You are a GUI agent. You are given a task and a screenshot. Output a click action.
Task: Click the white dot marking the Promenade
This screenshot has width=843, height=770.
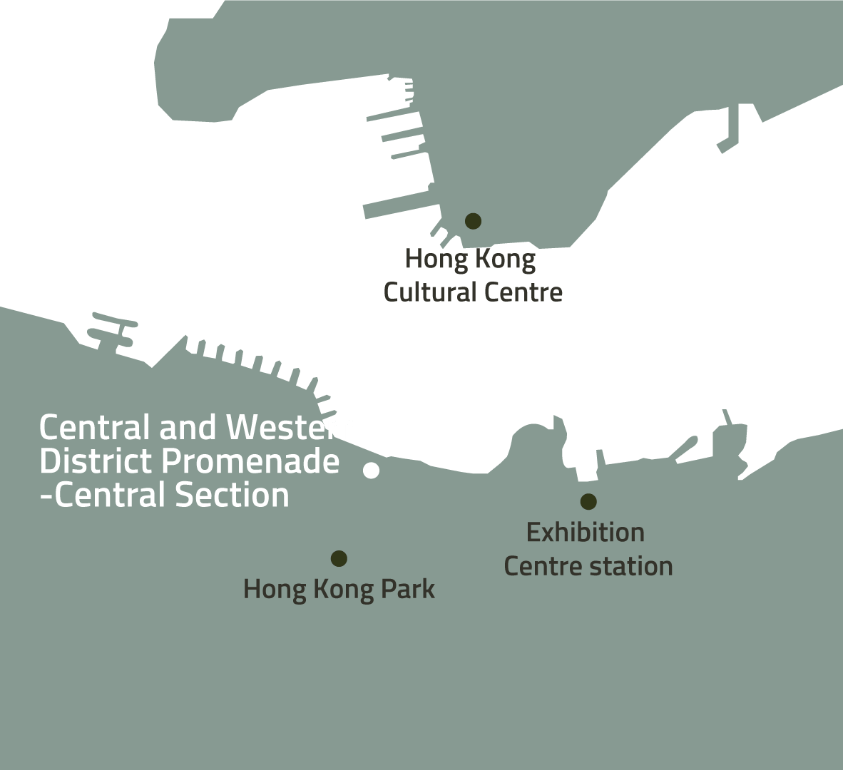tap(371, 471)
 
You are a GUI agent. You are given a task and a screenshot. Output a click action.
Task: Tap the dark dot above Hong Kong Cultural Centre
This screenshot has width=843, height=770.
tap(473, 221)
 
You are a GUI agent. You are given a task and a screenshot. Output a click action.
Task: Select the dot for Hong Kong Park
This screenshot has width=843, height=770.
tap(339, 558)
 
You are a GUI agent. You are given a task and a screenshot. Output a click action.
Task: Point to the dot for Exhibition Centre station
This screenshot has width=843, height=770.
tap(588, 501)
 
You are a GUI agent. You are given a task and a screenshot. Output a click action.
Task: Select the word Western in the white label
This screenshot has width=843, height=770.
tap(292, 428)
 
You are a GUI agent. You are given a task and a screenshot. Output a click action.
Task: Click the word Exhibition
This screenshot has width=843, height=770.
tap(586, 533)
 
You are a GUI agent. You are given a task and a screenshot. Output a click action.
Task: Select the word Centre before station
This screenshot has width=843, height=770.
tap(543, 566)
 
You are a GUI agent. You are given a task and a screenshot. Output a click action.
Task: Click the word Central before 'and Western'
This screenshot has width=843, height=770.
tap(96, 428)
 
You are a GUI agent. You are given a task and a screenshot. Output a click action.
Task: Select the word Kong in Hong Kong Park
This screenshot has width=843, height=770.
tap(341, 590)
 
